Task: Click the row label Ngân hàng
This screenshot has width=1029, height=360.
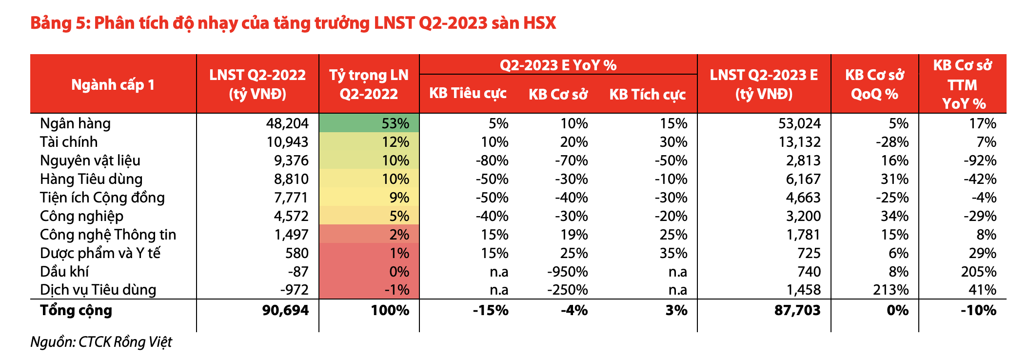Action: click(75, 123)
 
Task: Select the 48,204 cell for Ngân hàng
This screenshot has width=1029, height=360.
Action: click(287, 123)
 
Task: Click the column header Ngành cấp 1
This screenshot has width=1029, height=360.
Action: click(113, 84)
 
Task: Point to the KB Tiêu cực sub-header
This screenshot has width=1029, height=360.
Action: click(468, 94)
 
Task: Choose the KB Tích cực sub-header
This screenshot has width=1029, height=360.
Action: click(648, 94)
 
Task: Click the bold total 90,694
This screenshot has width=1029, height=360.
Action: click(285, 310)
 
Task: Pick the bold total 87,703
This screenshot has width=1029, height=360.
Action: click(797, 310)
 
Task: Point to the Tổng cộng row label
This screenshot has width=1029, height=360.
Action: click(76, 310)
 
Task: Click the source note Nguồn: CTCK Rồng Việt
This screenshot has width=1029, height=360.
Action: click(101, 342)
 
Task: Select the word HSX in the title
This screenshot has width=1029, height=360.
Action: click(539, 23)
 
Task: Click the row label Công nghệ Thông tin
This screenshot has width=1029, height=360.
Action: click(108, 235)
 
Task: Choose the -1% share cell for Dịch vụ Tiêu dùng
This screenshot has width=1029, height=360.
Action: click(396, 290)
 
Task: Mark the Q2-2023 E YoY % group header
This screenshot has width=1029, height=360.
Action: click(558, 65)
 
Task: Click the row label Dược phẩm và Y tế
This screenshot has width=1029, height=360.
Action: click(100, 253)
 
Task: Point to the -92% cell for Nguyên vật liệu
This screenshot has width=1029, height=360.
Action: click(979, 160)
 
